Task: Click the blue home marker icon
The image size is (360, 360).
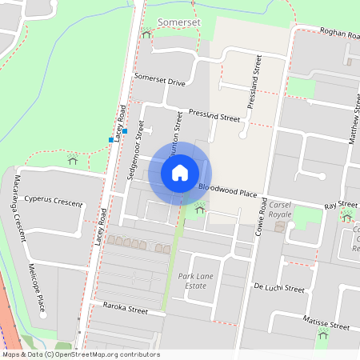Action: pos(180,172)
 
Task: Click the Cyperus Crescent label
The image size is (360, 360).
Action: pos(53,200)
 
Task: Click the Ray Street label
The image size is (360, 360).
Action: pos(341,206)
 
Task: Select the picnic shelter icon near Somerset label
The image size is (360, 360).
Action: pos(146,34)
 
